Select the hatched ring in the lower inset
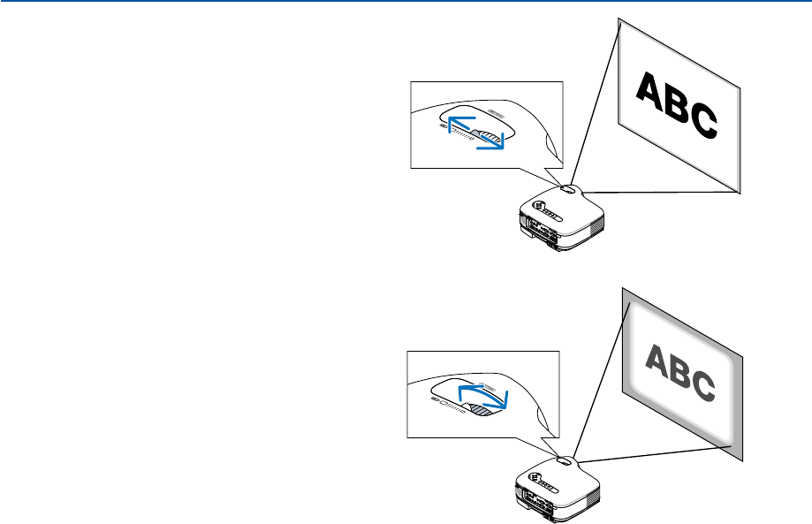[x=482, y=409]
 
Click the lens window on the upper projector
[x=567, y=189]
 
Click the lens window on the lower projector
[x=564, y=459]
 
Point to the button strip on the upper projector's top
[x=550, y=214]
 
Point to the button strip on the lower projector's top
[x=548, y=485]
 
